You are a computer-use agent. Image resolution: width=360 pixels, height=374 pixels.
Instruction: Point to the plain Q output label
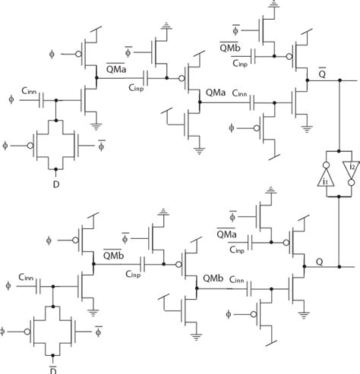(321, 260)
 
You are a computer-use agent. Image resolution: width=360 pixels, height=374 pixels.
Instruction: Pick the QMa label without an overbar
(214, 93)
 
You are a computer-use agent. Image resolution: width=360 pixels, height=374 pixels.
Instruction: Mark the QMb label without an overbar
(213, 278)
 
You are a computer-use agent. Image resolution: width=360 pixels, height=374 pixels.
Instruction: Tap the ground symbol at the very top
(271, 6)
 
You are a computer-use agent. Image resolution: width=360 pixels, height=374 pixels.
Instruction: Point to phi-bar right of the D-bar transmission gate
(98, 331)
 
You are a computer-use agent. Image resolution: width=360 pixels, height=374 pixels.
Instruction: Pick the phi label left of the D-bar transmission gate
(5, 331)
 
